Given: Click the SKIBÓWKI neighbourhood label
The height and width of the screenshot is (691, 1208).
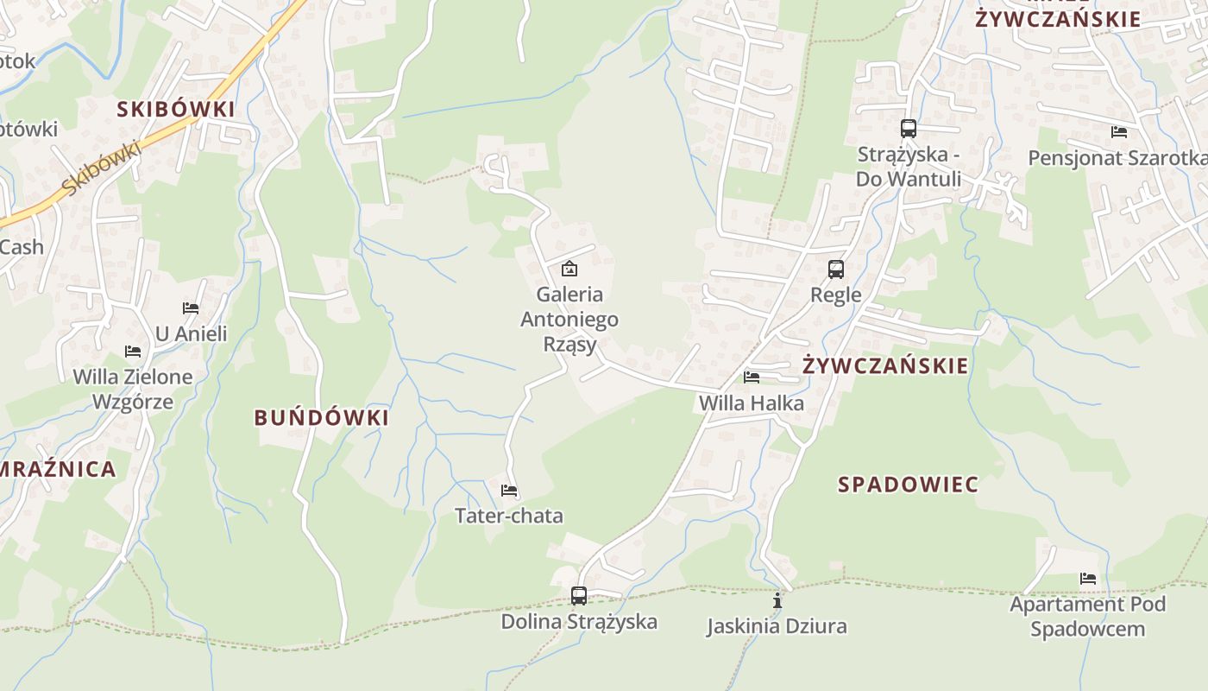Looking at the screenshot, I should point(176,109).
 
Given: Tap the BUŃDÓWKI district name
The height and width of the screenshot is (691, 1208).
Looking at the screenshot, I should point(321,418).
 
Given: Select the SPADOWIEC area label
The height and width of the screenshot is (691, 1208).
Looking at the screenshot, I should point(908,485).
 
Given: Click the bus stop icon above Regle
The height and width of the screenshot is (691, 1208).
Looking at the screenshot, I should point(835,269).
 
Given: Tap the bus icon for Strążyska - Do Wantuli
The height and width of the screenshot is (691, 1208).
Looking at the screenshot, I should point(908,129).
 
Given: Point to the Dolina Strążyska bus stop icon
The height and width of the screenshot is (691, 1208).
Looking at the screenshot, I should point(578,595).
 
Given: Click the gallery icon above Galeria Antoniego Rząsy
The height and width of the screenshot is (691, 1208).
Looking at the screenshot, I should point(569,269).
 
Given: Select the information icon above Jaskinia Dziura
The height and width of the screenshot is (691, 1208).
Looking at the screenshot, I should point(777,599).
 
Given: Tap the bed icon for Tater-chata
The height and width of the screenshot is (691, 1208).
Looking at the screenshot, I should point(509,491).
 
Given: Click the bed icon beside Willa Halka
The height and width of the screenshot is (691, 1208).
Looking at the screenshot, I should point(752,377).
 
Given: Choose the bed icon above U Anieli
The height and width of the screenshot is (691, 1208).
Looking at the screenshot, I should point(191,307).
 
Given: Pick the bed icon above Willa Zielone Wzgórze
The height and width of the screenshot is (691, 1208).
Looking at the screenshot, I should point(133,351).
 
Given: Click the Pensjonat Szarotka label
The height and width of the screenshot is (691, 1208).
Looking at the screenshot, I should point(1117,158).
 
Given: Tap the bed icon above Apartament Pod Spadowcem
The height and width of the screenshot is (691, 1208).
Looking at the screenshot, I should point(1088,578).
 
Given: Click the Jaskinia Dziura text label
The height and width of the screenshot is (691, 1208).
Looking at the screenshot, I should point(777,626).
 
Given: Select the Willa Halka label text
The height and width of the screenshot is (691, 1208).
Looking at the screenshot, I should point(751,403).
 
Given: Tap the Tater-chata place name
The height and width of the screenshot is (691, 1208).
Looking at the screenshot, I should point(509,517).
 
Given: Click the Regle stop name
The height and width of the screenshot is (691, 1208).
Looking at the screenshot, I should point(835,295).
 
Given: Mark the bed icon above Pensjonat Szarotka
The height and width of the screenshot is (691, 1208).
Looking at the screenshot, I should point(1119,132).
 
